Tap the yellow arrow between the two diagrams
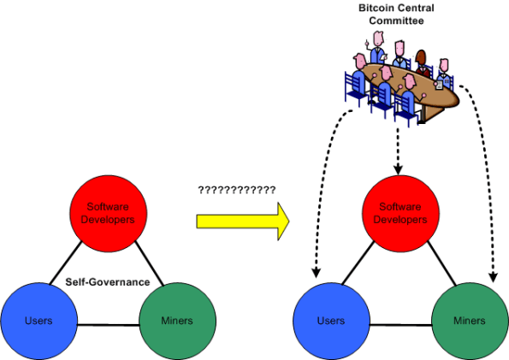pos(242,221)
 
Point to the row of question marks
pos(236,189)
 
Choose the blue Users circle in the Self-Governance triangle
pos(38,322)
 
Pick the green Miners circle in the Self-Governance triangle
pos(176,322)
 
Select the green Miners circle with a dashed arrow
pos(469,322)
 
